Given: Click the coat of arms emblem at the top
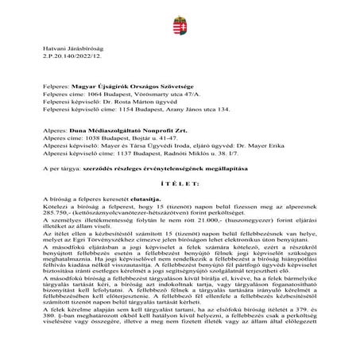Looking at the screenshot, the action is tap(180, 16).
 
